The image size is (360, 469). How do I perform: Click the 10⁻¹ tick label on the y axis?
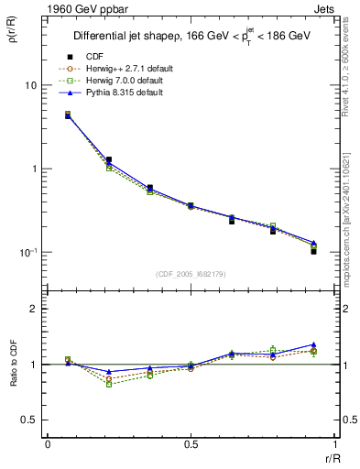27,252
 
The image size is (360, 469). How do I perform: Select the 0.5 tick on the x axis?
191,444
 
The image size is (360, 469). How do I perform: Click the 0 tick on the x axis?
48,444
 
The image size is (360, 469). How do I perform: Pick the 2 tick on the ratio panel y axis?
34,310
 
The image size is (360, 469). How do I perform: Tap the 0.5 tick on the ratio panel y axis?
29,420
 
